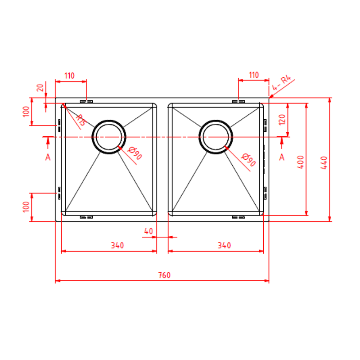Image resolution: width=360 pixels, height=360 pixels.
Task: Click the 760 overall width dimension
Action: (x=164, y=275)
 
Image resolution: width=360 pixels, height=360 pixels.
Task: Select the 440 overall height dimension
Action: (x=324, y=163)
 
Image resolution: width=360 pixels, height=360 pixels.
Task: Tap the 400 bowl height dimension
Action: (x=301, y=162)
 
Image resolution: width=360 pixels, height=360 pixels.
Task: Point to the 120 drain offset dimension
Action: (x=282, y=120)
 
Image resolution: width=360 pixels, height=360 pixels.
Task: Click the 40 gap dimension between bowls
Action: (x=148, y=231)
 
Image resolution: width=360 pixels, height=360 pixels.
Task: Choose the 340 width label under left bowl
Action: (x=117, y=245)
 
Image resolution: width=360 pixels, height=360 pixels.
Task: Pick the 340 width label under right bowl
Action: (x=224, y=245)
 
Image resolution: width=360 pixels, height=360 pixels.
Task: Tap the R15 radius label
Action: (x=81, y=120)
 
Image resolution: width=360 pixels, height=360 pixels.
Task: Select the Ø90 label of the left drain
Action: (x=135, y=153)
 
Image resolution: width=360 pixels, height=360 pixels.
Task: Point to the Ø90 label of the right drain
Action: (x=248, y=160)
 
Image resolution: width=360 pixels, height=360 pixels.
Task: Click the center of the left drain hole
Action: (x=109, y=137)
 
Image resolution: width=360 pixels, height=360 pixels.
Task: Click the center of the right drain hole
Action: (x=216, y=137)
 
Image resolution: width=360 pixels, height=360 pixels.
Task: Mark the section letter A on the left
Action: (x=48, y=157)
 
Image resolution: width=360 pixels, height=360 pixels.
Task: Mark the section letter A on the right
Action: (x=282, y=157)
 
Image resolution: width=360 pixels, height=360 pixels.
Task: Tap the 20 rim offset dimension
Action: (x=40, y=88)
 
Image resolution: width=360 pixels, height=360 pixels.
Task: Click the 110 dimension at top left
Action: (x=70, y=76)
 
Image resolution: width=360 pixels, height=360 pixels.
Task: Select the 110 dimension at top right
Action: (x=254, y=75)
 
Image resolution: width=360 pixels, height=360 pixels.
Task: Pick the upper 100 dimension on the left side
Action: (x=27, y=112)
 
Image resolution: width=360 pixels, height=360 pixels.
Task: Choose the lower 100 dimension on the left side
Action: (x=27, y=207)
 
